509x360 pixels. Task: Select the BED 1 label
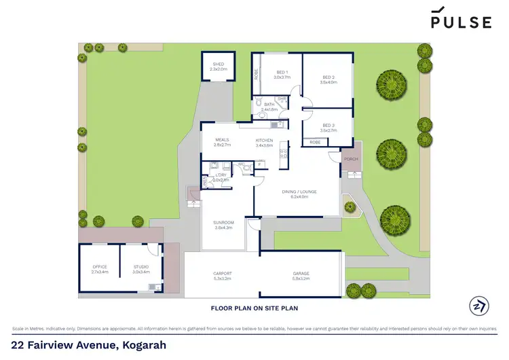(x=282, y=73)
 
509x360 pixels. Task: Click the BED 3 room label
(x=328, y=125)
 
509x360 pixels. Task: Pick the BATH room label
(x=269, y=105)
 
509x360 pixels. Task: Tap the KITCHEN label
(x=264, y=140)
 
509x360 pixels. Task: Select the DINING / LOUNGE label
(x=299, y=192)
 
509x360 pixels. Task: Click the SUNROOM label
(x=224, y=222)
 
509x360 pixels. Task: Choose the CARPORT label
(x=223, y=274)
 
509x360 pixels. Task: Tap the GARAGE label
(x=301, y=274)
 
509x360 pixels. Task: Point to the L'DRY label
(x=221, y=175)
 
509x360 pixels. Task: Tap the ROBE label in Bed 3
(x=315, y=142)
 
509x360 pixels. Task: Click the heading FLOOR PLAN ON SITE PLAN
(x=254, y=308)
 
